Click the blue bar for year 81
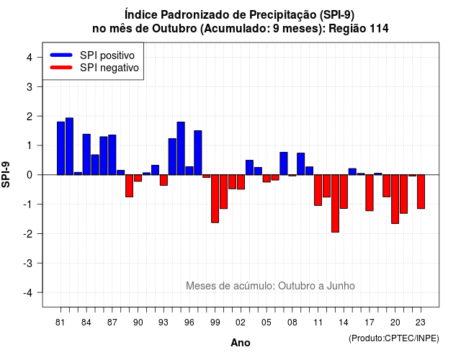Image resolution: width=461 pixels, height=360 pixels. (x=61, y=148)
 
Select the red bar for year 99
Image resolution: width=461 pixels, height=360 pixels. (x=215, y=199)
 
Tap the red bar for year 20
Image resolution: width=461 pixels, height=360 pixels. (x=395, y=199)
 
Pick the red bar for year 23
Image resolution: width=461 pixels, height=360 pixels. (x=421, y=192)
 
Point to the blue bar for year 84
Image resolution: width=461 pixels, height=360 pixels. (x=86, y=154)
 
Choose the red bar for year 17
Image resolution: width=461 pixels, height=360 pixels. (x=370, y=193)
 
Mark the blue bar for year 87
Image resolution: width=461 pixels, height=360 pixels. (x=112, y=155)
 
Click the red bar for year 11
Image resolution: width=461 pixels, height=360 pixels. (x=318, y=190)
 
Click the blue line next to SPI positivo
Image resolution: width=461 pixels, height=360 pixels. (x=61, y=55)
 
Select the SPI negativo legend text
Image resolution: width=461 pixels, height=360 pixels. (x=109, y=68)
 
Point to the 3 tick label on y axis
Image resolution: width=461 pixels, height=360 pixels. (x=30, y=87)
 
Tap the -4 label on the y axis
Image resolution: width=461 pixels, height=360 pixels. (x=28, y=293)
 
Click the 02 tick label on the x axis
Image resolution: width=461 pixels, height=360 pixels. (x=241, y=323)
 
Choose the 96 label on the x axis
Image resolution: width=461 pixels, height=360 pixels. (x=189, y=323)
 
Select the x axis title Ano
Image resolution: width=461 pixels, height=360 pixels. (x=241, y=343)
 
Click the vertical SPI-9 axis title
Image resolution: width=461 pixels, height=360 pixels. (x=6, y=174)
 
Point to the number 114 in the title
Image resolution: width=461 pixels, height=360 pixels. (x=379, y=29)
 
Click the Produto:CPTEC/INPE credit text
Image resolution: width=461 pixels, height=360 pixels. (x=394, y=338)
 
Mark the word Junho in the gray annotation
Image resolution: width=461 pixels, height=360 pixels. (x=341, y=286)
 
